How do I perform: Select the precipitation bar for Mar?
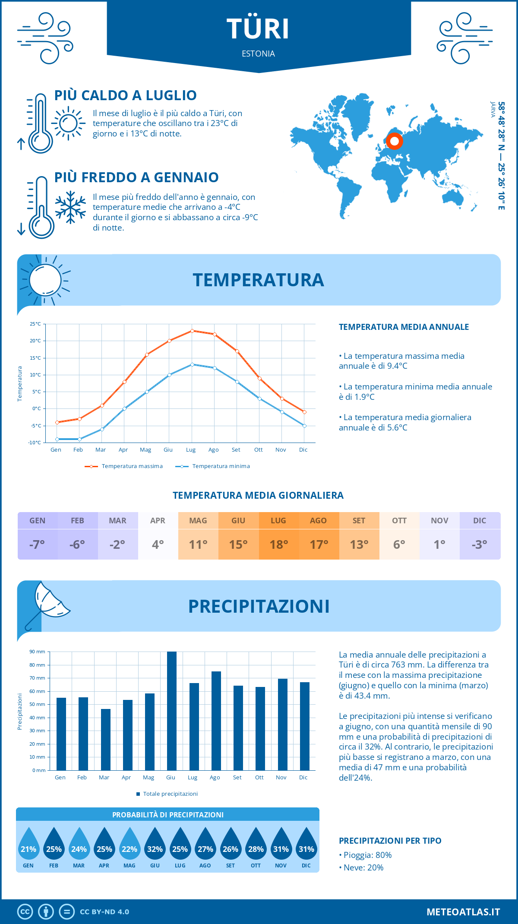point(105,739)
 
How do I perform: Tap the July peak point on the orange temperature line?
point(192,331)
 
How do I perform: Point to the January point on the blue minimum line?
point(57,439)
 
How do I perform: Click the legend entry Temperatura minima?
point(213,466)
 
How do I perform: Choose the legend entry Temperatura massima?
point(124,466)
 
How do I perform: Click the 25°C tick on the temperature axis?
point(35,324)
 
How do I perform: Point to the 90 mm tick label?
point(38,652)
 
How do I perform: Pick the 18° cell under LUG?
point(278,544)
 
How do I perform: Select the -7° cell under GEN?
point(37,544)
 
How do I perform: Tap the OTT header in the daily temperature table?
point(399,521)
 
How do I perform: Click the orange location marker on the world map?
point(394,141)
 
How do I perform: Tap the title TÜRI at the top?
point(258,29)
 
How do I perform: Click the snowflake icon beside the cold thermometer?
point(70,207)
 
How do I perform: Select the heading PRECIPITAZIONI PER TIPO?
point(390,841)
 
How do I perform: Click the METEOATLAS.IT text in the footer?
point(463,912)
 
